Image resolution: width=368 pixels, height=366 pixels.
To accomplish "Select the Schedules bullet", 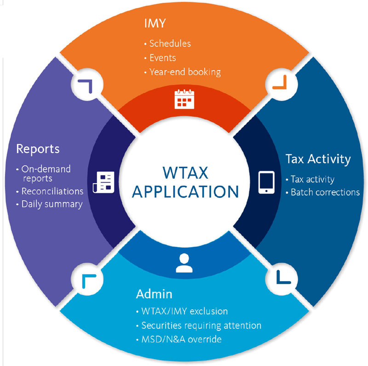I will pos(170,44).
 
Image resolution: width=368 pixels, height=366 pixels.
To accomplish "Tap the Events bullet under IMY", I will pos(162,58).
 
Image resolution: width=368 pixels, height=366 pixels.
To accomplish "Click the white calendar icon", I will pos(184,100).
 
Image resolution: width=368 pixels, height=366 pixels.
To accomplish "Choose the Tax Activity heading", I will pos(318,159).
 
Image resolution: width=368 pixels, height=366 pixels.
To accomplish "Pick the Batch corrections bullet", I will pos(325,192).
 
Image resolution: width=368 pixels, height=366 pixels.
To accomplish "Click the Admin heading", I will pos(154,294).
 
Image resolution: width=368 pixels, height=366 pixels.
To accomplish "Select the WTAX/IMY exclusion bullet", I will pos(184,311).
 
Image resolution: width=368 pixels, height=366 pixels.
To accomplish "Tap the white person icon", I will pos(184,263).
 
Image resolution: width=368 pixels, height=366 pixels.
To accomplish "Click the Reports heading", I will pos(38,149).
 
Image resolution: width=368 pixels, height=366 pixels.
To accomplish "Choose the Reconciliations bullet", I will pos(52,191).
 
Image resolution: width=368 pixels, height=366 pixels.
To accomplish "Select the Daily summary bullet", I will pos(52,204).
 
